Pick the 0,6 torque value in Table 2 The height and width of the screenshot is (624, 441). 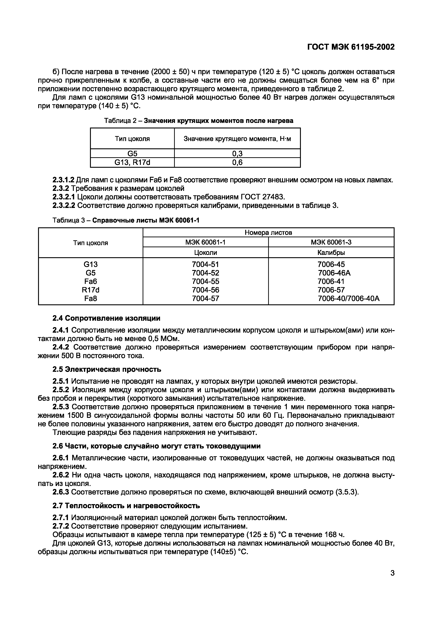point(237,163)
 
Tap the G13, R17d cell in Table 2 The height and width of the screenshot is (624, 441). point(132,163)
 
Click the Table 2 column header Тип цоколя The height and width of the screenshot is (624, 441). point(132,139)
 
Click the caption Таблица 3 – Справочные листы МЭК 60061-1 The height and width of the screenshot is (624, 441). point(126,220)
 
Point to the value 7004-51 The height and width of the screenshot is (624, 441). point(205,264)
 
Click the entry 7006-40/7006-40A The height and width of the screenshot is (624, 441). point(349,298)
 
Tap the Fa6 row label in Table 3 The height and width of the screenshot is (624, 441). point(91,281)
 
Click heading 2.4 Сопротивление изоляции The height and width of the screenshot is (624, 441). point(106,318)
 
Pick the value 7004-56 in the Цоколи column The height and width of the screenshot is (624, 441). point(205,290)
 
